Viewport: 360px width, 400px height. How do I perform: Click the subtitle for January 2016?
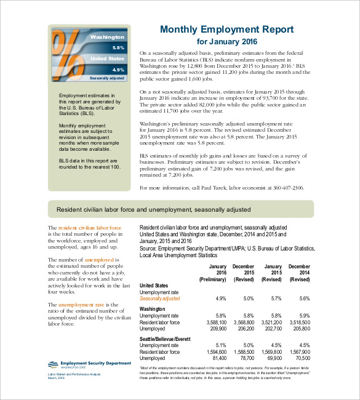pos(226,42)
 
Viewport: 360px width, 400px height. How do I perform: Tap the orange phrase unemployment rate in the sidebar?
pos(81,305)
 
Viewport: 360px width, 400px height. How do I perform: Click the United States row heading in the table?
pos(154,286)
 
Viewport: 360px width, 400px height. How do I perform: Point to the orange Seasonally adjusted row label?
pos(160,298)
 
